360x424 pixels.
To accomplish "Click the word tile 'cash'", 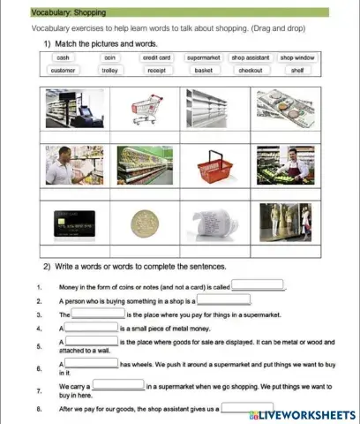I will pyautogui.click(x=63, y=57).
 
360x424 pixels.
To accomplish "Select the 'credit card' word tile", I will pyautogui.click(x=156, y=57).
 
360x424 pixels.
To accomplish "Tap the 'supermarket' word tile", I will pyautogui.click(x=203, y=57).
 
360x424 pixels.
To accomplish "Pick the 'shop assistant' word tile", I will pyautogui.click(x=251, y=57).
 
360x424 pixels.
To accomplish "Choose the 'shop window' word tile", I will pyautogui.click(x=297, y=57).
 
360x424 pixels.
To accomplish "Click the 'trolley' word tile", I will pyautogui.click(x=109, y=70).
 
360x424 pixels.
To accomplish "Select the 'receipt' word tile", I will pyautogui.click(x=156, y=70).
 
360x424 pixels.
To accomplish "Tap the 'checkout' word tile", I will pyautogui.click(x=251, y=70).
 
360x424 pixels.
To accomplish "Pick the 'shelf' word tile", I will pyautogui.click(x=297, y=70).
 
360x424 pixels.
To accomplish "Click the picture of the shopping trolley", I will pyautogui.click(x=150, y=110).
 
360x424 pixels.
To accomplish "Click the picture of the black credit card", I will pyautogui.click(x=74, y=223).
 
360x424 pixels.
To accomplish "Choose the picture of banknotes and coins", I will pyautogui.click(x=284, y=110).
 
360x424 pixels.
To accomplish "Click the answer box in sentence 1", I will pyautogui.click(x=258, y=285).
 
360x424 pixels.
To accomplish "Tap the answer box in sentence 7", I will pyautogui.click(x=118, y=385).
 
